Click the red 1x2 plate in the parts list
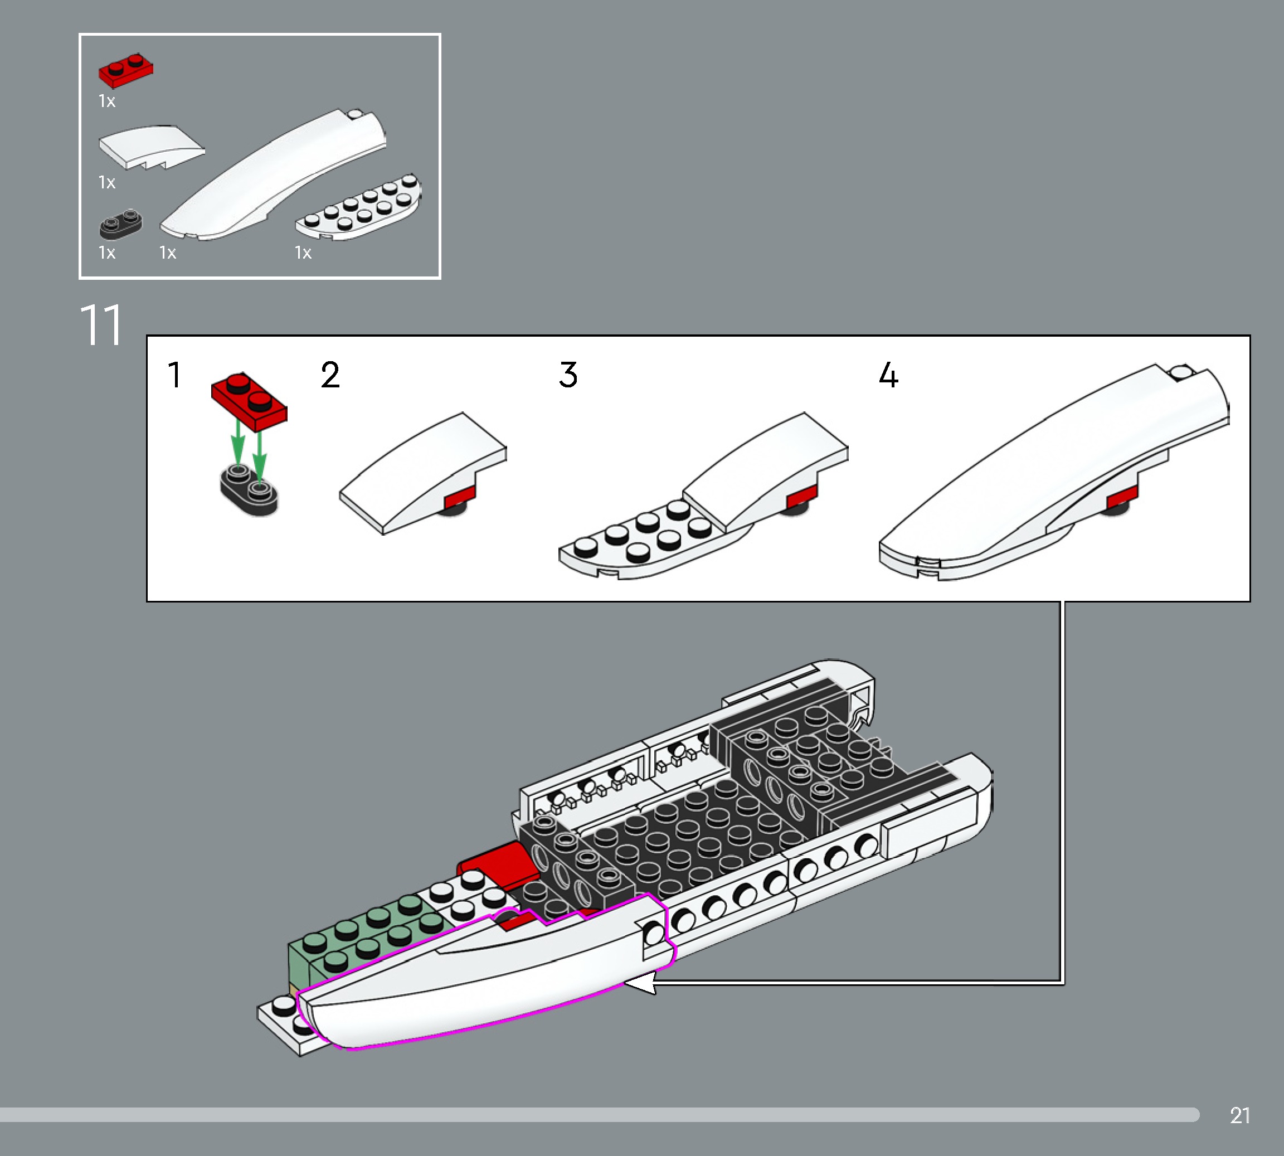pos(125,70)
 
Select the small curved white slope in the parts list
pos(151,147)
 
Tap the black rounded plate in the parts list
pos(120,224)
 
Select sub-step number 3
pos(568,375)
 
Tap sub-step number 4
pos(888,375)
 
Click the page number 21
pos(1239,1115)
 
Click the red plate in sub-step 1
pos(249,402)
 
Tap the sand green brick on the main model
pos(356,940)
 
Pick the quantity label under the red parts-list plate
pos(106,101)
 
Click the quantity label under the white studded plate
pos(303,253)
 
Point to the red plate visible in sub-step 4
pos(1122,497)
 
